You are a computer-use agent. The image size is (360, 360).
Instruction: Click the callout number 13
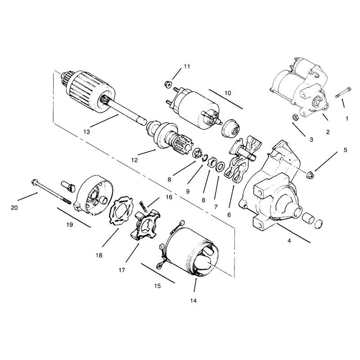click(x=86, y=132)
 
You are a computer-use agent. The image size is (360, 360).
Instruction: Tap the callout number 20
click(x=14, y=208)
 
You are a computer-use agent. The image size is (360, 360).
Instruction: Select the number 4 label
click(x=289, y=241)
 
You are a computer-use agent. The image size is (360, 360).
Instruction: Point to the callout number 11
click(x=187, y=66)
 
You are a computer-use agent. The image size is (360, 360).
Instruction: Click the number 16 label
click(x=169, y=197)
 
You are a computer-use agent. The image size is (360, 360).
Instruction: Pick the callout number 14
click(x=193, y=301)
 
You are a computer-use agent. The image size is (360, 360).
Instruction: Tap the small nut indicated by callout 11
click(x=168, y=84)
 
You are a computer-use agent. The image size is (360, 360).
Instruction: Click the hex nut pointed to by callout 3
click(x=295, y=117)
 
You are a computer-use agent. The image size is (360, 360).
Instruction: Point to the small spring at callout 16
click(x=143, y=205)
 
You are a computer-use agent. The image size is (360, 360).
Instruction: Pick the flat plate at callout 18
click(x=121, y=211)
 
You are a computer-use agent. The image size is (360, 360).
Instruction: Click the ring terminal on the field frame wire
click(x=159, y=266)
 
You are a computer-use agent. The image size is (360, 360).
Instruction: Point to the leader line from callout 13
click(x=104, y=121)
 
